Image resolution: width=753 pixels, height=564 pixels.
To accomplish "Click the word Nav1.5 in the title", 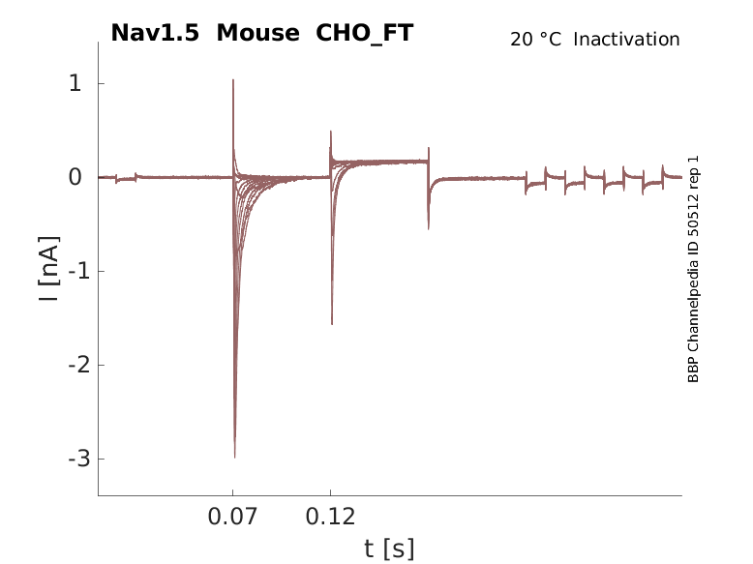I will point(157,33).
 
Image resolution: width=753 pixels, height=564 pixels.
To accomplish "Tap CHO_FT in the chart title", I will point(365,33).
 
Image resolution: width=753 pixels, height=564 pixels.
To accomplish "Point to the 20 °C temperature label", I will point(535,40).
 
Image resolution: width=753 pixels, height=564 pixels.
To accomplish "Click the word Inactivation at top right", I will point(627,40).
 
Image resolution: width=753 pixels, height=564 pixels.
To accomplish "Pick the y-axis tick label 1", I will point(75,84).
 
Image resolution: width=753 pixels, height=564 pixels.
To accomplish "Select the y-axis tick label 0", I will point(75,178).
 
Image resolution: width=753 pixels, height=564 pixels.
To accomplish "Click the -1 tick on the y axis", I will point(71,272).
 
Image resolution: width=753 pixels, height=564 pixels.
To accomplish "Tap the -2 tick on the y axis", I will point(71,366).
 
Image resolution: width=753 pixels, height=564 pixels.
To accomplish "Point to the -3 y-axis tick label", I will point(71,459).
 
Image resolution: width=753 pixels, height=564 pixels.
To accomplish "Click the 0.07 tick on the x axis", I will point(233,517).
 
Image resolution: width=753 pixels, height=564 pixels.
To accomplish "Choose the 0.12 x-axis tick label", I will point(331,517).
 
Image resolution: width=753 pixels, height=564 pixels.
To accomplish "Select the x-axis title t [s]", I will point(389,549).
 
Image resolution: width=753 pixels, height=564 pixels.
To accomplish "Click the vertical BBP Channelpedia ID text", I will point(693,269).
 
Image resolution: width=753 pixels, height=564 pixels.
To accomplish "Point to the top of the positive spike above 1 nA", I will point(233,80).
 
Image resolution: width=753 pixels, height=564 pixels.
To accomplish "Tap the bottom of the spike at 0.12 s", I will point(332,324).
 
